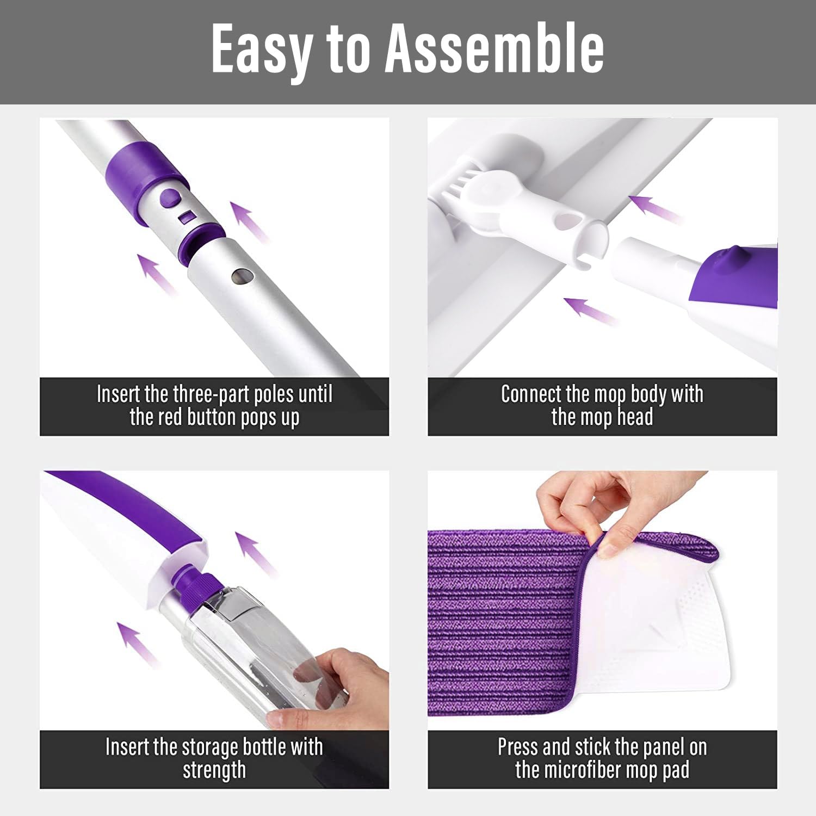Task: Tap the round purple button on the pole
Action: tap(170, 198)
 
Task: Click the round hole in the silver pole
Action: tap(240, 276)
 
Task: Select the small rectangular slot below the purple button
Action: tap(187, 218)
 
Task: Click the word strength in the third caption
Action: tap(214, 770)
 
